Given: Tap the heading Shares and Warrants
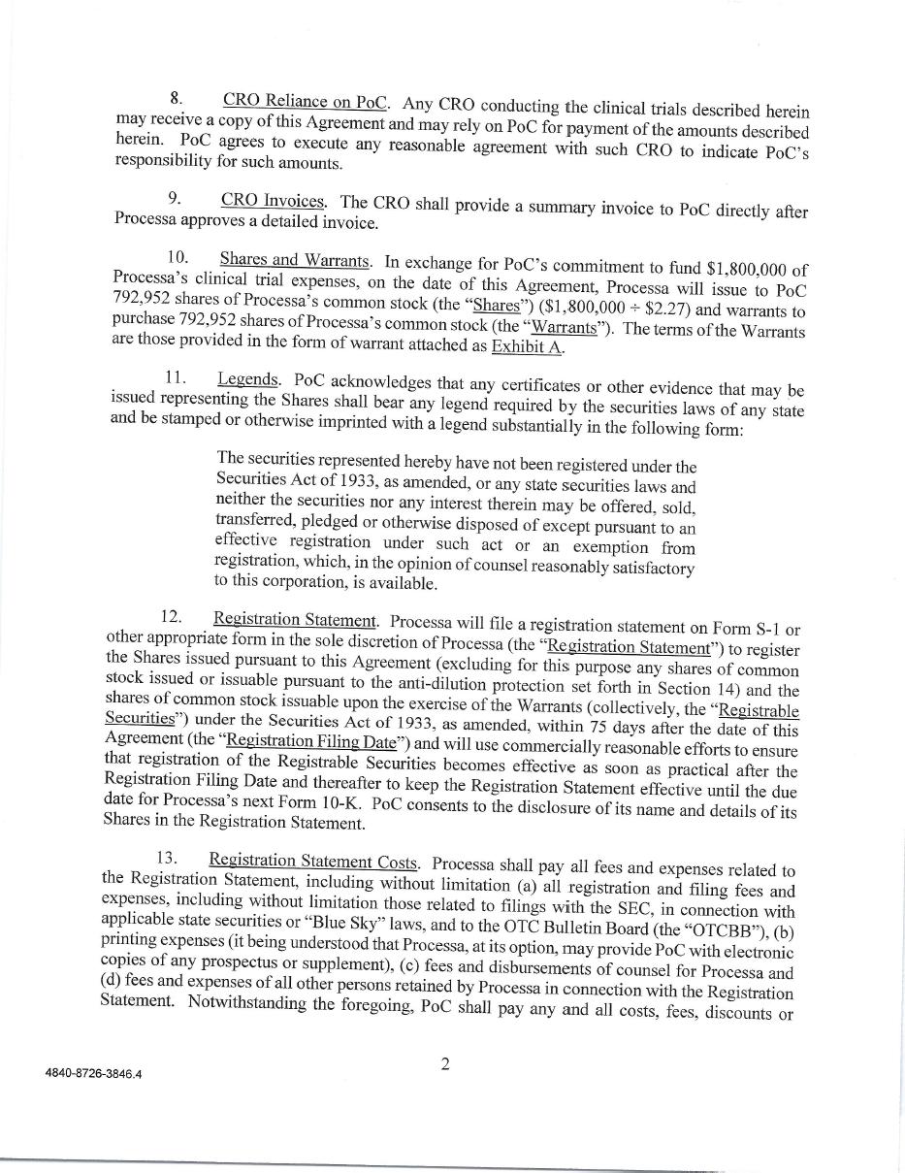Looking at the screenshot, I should (295, 259).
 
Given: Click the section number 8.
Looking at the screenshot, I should (176, 98).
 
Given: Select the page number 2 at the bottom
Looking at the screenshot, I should (445, 1064).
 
